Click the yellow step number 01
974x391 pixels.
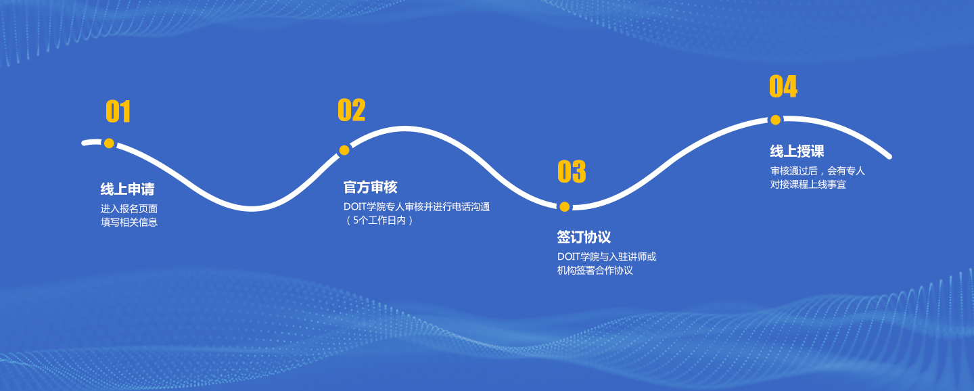point(118,112)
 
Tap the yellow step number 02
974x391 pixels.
point(351,110)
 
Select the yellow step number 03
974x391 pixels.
point(572,171)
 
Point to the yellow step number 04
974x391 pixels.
point(783,86)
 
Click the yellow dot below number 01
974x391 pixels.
point(109,143)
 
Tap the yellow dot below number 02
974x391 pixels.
point(344,150)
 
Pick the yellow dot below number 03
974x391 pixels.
point(564,206)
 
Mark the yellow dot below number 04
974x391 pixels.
point(775,120)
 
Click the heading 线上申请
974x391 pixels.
point(127,189)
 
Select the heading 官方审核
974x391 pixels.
point(371,187)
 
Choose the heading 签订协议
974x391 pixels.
point(584,237)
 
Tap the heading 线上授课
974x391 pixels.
point(797,152)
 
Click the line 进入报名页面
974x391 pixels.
point(129,209)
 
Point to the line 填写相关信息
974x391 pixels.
point(129,223)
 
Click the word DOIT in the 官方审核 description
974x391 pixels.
point(355,206)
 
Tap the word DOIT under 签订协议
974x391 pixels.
point(569,256)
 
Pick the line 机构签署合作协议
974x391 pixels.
point(595,271)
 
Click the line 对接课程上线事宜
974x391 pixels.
point(808,185)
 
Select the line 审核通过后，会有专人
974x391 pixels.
point(818,171)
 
